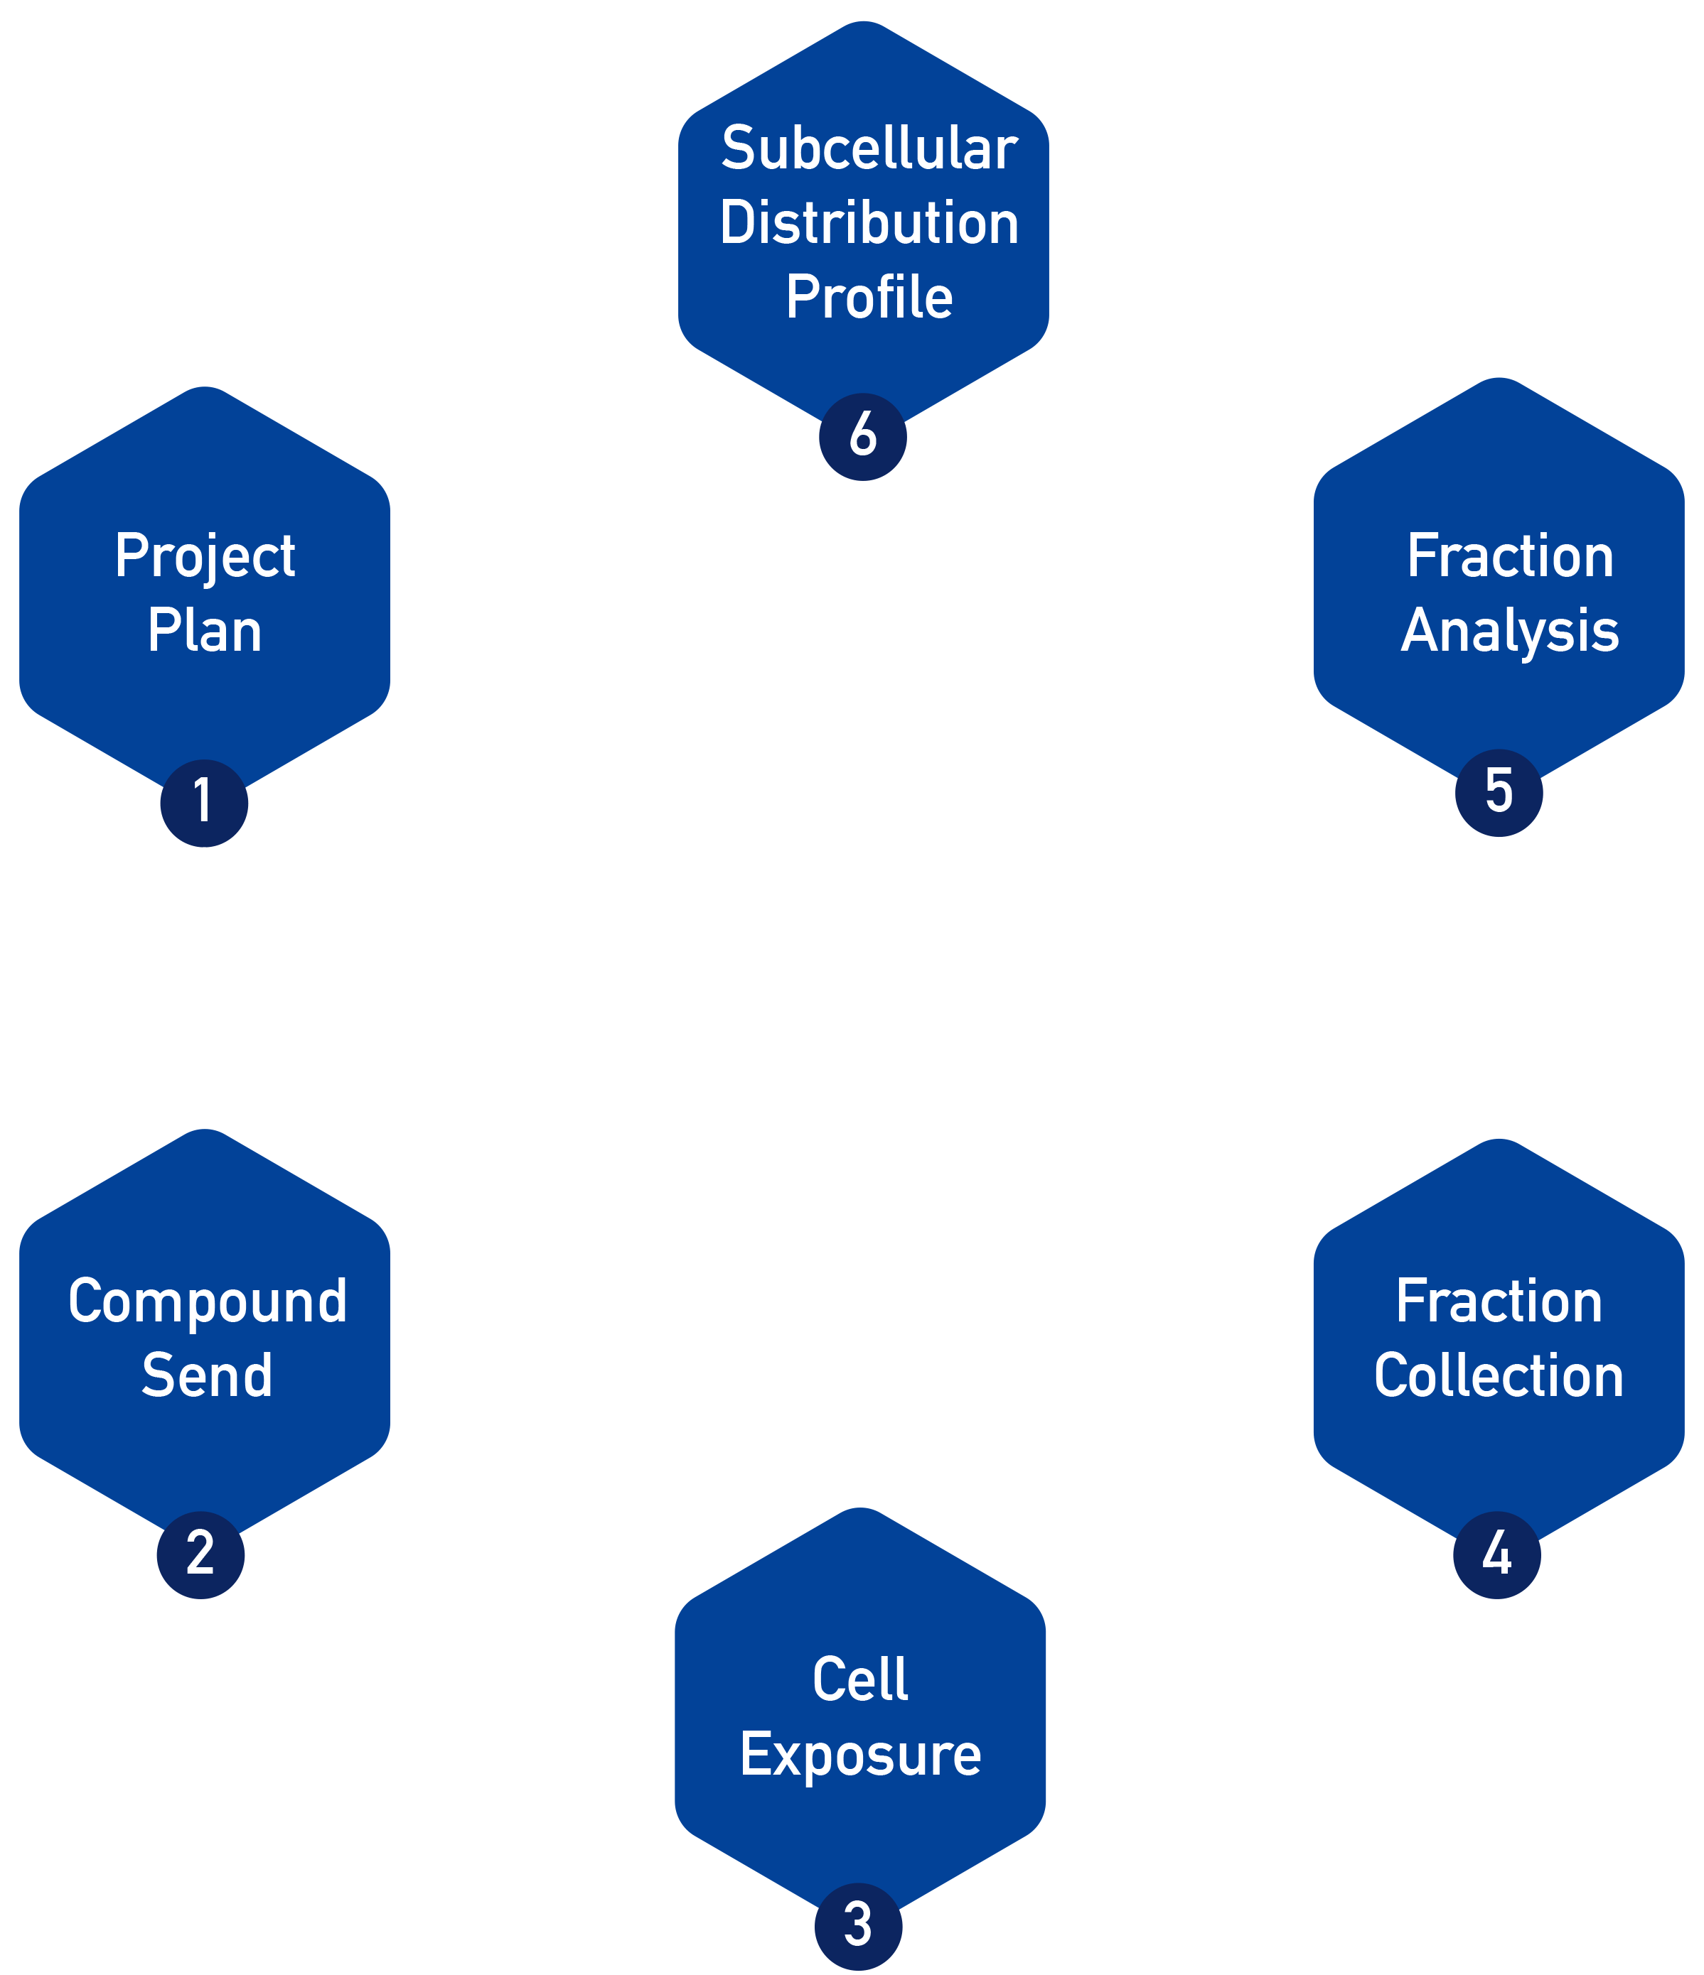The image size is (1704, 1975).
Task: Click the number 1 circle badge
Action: click(x=204, y=803)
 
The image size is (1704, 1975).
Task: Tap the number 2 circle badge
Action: click(x=200, y=1554)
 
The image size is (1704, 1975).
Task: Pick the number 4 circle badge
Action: click(x=1497, y=1554)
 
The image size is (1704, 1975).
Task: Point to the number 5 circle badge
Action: click(x=1499, y=793)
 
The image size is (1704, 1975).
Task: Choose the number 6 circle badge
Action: click(x=863, y=436)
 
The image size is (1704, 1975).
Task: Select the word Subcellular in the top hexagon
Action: click(x=869, y=150)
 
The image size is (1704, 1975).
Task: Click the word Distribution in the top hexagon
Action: click(x=869, y=223)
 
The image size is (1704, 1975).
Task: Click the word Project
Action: click(x=205, y=557)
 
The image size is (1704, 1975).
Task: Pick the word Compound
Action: click(x=207, y=1302)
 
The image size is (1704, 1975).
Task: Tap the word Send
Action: click(x=207, y=1375)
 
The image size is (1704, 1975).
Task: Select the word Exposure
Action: click(x=860, y=1755)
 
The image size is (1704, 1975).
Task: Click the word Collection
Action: click(x=1499, y=1375)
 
